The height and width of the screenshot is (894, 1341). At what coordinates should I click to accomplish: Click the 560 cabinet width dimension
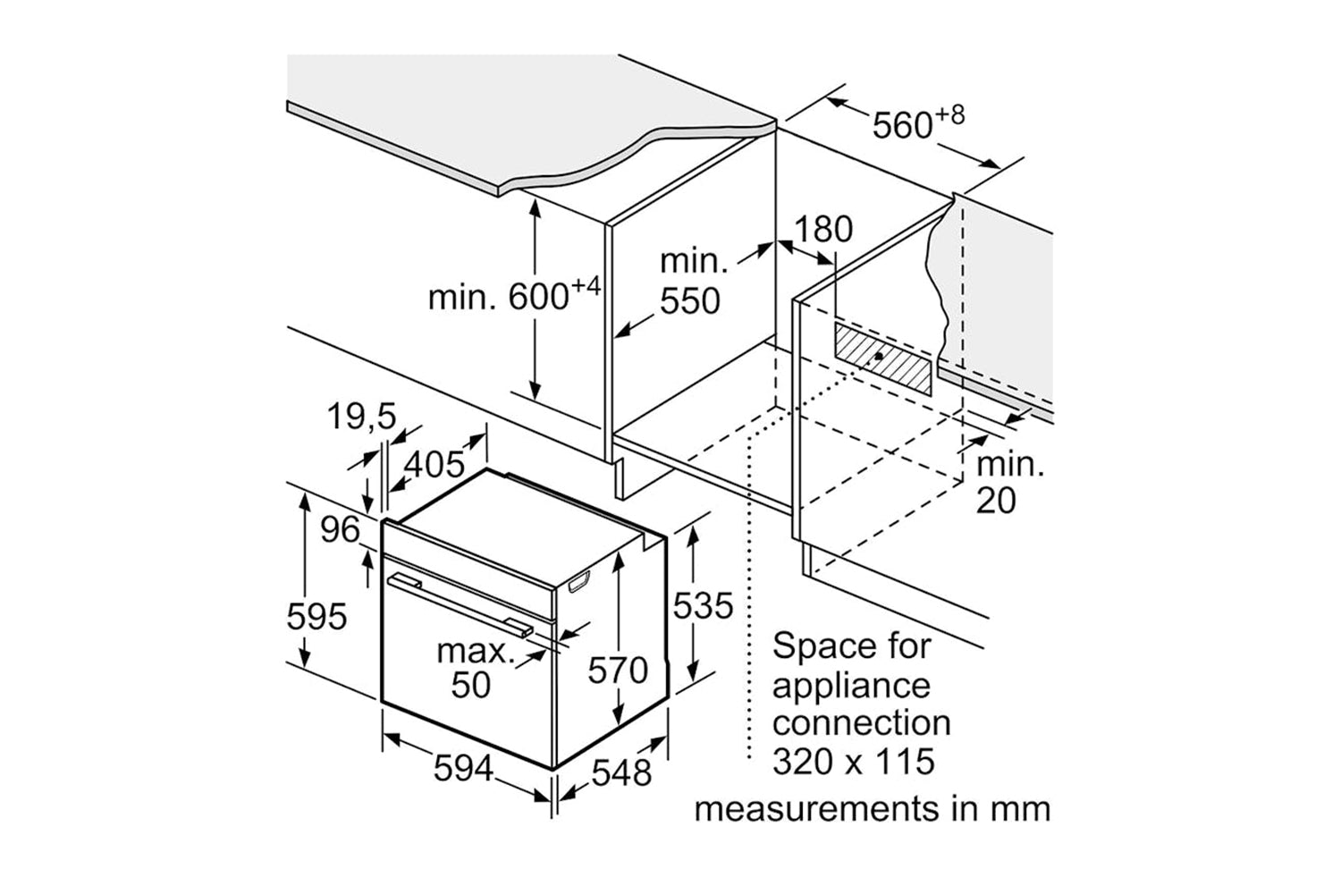tap(904, 126)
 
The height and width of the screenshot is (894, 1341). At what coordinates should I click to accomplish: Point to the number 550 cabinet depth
tap(689, 302)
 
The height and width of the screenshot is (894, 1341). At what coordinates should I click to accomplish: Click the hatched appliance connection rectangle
tap(881, 358)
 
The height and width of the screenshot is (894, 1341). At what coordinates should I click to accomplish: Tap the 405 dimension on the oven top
tap(435, 464)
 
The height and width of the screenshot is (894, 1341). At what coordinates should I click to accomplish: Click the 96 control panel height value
tap(340, 530)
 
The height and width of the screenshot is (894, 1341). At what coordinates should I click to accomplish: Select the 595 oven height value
tap(316, 616)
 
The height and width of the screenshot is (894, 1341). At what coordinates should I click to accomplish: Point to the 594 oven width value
tap(464, 767)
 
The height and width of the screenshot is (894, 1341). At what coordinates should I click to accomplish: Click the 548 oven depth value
tap(621, 772)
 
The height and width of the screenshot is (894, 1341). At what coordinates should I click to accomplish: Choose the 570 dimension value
tap(617, 669)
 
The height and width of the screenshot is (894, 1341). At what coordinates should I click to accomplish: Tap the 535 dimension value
tap(703, 606)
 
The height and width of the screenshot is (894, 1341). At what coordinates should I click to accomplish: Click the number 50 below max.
tap(470, 685)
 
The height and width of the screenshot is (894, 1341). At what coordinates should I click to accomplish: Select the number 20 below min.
tap(996, 501)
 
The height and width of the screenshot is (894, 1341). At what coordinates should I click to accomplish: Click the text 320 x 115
tap(853, 762)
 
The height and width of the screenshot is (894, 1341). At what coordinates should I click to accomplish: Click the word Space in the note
tap(816, 645)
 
